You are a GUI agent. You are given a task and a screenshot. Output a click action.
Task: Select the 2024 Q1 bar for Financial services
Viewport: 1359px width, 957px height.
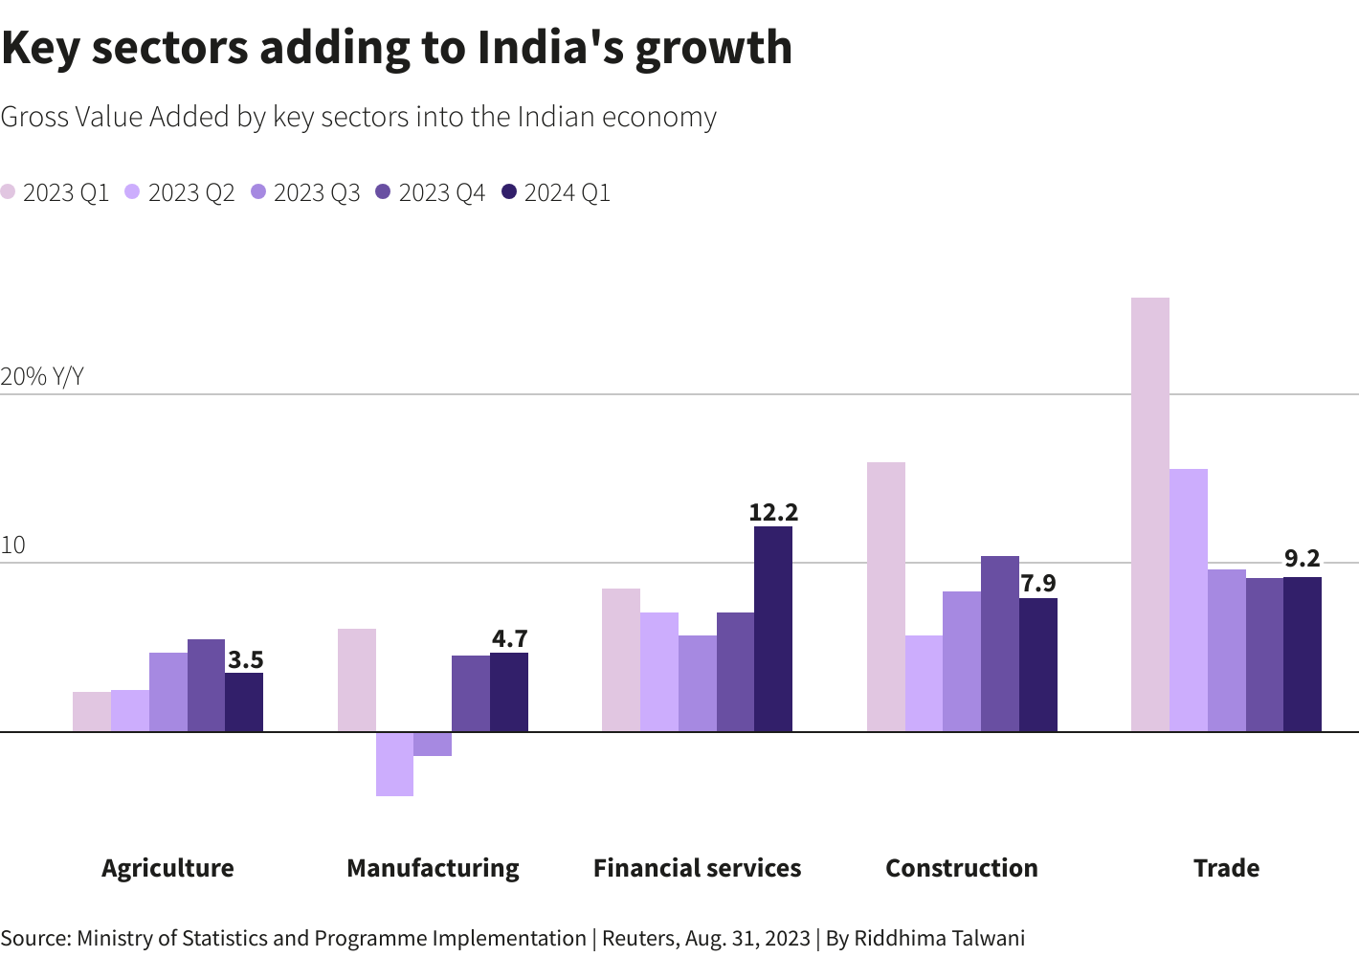click(x=772, y=629)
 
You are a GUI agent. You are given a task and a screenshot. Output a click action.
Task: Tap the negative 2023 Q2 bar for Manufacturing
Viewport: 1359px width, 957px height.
click(x=394, y=764)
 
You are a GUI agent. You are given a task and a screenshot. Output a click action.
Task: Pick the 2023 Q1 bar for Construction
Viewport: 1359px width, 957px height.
click(x=885, y=597)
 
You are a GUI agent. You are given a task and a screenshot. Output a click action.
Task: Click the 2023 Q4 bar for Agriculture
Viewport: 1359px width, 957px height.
click(x=206, y=685)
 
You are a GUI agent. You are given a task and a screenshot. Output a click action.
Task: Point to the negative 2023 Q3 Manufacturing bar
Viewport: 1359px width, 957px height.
click(x=433, y=745)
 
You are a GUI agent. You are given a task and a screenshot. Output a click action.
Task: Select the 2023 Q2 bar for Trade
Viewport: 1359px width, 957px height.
click(x=1188, y=600)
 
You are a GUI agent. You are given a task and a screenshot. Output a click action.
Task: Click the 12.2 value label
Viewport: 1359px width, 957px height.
click(x=773, y=513)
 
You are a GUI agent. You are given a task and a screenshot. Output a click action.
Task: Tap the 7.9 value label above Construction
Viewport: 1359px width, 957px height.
click(x=1038, y=584)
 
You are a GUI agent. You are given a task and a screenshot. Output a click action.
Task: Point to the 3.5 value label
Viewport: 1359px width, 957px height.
click(x=245, y=660)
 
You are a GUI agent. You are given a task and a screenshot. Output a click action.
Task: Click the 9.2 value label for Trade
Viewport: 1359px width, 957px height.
click(x=1303, y=559)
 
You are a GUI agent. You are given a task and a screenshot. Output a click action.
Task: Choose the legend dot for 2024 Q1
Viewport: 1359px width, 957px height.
click(x=509, y=192)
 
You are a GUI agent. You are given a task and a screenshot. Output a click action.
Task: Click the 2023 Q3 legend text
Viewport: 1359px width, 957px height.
click(x=317, y=193)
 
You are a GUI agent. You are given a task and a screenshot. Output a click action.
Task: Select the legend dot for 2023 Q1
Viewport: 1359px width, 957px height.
click(x=9, y=192)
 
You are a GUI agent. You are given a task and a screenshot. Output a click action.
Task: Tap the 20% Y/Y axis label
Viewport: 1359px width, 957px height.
click(x=42, y=377)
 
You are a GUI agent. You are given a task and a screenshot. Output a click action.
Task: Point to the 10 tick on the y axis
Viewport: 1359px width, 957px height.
click(x=13, y=546)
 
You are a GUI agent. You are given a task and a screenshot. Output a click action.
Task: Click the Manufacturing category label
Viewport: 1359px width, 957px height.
click(x=433, y=868)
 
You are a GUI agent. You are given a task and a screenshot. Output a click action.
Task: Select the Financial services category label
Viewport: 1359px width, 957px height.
click(x=697, y=868)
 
